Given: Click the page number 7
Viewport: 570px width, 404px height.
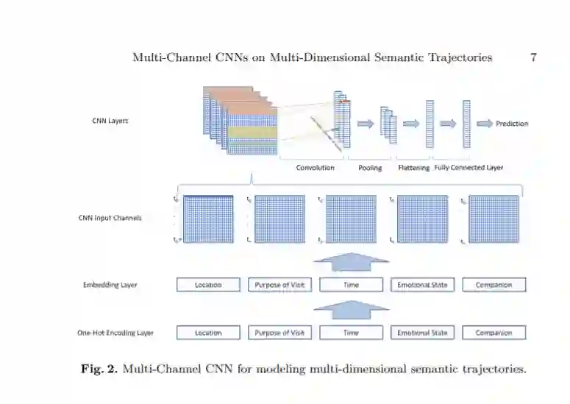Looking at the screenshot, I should pyautogui.click(x=533, y=57).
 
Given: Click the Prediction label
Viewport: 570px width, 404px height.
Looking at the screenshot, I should pyautogui.click(x=512, y=124).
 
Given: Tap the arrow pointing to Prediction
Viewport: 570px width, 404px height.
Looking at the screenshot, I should pyautogui.click(x=485, y=124).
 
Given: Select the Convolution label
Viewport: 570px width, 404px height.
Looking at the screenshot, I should pyautogui.click(x=315, y=168).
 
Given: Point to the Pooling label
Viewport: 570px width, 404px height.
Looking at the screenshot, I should pyautogui.click(x=370, y=168).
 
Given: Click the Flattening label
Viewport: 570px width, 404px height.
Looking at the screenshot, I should pyautogui.click(x=414, y=168).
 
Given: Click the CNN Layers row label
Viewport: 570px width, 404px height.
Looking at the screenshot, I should pyautogui.click(x=110, y=121).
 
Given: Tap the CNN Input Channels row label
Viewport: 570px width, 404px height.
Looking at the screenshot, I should pyautogui.click(x=110, y=218).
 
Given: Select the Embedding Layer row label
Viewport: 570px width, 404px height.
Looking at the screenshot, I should pyautogui.click(x=110, y=285).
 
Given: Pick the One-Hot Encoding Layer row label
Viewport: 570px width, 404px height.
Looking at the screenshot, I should pyautogui.click(x=115, y=333).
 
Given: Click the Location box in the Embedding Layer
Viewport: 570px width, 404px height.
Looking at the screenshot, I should pyautogui.click(x=208, y=285).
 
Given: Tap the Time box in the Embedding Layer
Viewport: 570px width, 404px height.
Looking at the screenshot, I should pyautogui.click(x=352, y=285).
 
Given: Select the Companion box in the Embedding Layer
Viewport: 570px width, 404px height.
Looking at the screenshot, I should pyautogui.click(x=494, y=285).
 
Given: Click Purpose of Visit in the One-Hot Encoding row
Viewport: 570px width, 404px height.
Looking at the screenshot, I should pyautogui.click(x=279, y=333).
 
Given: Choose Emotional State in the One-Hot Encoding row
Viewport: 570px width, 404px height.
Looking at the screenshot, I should pyautogui.click(x=422, y=333).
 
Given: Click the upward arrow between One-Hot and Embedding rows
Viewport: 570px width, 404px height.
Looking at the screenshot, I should pyautogui.click(x=352, y=309).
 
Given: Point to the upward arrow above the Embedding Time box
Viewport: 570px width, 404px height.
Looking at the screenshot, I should pyautogui.click(x=352, y=261).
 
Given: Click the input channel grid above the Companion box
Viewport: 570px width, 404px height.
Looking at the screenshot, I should pyautogui.click(x=494, y=219).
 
